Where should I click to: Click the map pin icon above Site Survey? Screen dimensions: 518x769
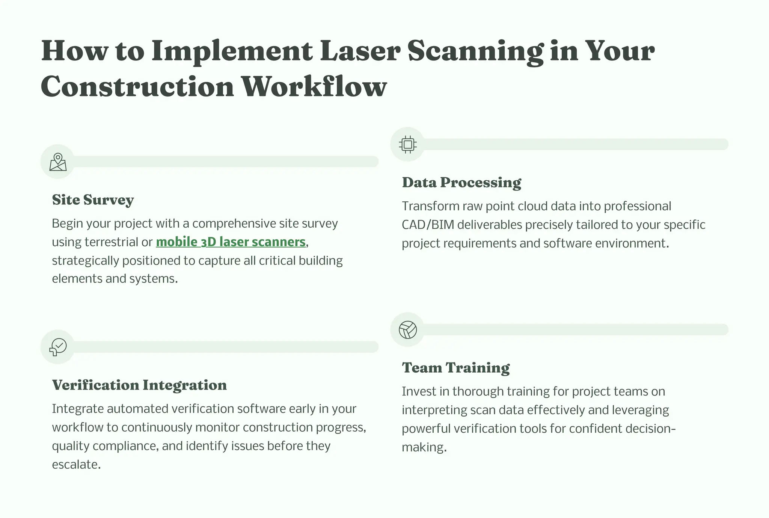point(58,162)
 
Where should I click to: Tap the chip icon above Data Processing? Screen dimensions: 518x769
point(407,144)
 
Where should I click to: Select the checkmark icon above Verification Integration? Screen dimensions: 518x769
point(58,347)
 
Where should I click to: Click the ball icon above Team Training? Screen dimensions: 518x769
point(407,330)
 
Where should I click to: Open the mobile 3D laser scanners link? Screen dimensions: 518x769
point(231,242)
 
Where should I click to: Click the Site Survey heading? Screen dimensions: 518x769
point(93,200)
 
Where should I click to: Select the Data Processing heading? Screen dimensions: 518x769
point(461,183)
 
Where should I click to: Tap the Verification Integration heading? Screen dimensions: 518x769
point(139,385)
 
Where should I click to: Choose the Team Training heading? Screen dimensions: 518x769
point(456,368)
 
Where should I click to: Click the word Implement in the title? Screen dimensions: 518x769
point(232,51)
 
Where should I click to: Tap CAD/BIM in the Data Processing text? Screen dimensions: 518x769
point(428,225)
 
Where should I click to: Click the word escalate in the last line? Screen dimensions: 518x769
point(76,465)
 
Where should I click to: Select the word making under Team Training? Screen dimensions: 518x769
point(424,447)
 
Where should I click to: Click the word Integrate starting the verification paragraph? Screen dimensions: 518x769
point(77,409)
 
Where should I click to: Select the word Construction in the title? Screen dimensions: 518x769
point(137,87)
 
